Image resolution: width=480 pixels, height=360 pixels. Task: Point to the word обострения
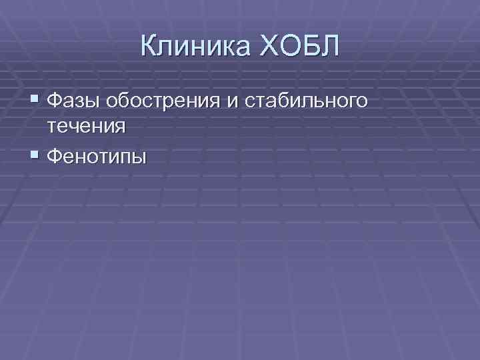163,101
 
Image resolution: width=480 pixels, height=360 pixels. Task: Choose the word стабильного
307,101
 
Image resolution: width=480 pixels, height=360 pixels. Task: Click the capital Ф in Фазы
57,101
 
